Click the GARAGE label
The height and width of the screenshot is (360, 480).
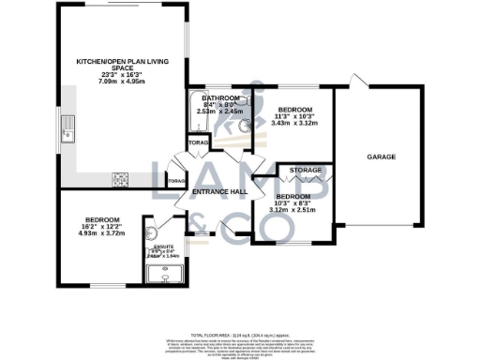tap(381, 157)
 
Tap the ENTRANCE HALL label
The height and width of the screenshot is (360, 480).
tap(218, 192)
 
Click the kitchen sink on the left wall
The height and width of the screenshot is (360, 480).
tap(67, 127)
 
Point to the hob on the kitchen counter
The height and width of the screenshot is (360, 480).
tap(121, 178)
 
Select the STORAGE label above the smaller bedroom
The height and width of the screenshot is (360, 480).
tap(306, 170)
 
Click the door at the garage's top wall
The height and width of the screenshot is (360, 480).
tap(354, 80)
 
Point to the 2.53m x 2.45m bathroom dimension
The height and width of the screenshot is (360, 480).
tap(219, 112)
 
